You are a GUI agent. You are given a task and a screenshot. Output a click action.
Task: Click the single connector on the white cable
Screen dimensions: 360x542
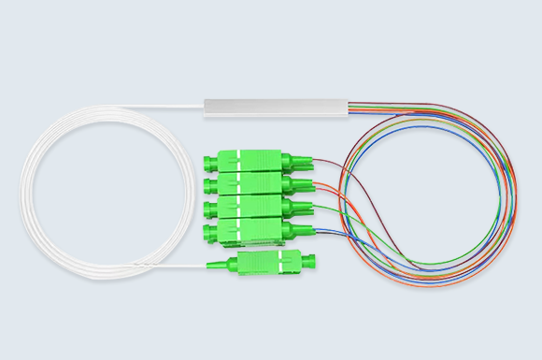[265, 262]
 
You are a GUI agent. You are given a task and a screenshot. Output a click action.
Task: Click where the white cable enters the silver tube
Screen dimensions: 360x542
[206, 108]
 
